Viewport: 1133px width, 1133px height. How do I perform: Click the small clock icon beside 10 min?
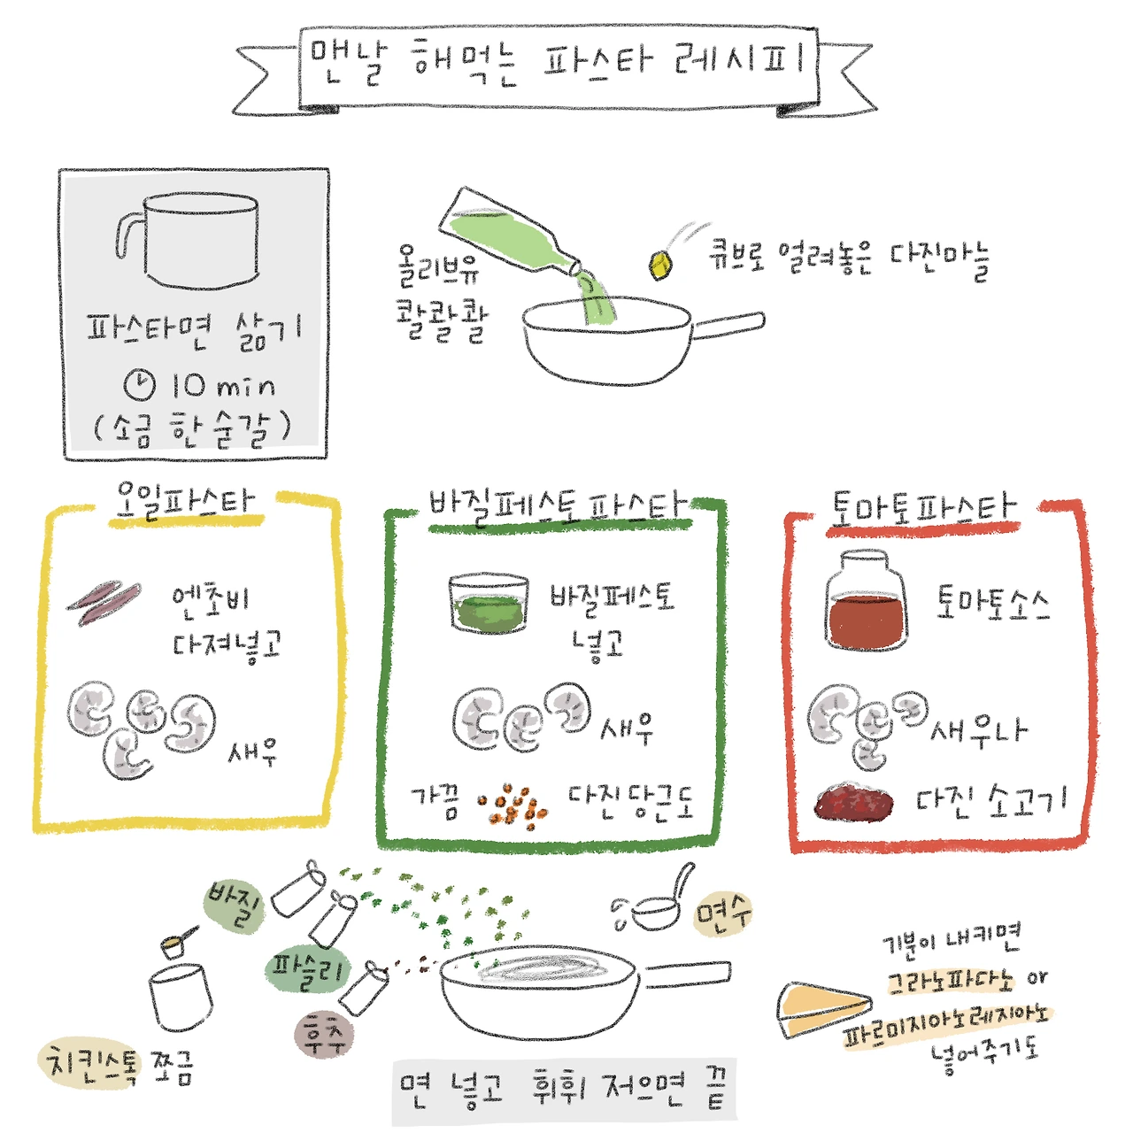pyautogui.click(x=139, y=385)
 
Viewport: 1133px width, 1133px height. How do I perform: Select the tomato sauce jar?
pyautogui.click(x=866, y=600)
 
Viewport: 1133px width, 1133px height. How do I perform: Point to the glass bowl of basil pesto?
pyautogui.click(x=488, y=603)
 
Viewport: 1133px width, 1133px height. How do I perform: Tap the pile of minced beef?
pyautogui.click(x=853, y=803)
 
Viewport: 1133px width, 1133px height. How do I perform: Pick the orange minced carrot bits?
pyautogui.click(x=513, y=805)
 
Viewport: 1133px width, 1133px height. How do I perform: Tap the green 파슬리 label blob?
pyautogui.click(x=307, y=970)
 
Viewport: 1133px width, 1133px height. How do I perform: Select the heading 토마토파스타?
pyautogui.click(x=924, y=509)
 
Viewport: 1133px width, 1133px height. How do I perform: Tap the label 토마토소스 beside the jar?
pyautogui.click(x=992, y=603)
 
